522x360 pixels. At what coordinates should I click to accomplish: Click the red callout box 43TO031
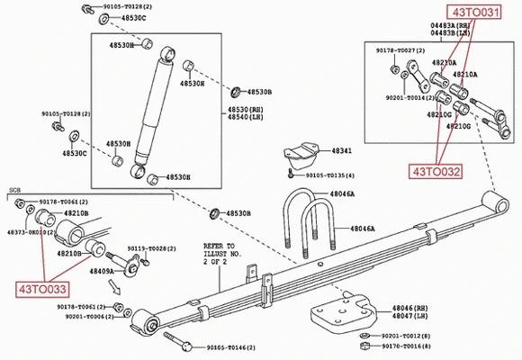474,12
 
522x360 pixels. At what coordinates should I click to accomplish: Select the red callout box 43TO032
436,168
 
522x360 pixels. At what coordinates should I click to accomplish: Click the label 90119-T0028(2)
150,247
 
